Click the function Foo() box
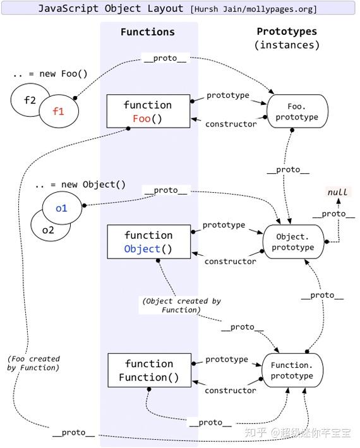[x=147, y=111]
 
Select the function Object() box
[x=148, y=242]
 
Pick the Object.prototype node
[x=293, y=241]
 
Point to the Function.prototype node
[x=292, y=370]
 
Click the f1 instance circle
[x=59, y=111]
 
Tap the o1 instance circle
[x=61, y=208]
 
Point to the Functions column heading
[x=148, y=32]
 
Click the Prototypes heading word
[x=287, y=32]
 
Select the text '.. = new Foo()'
[x=50, y=74]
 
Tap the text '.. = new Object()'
[x=80, y=185]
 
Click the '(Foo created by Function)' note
[x=34, y=363]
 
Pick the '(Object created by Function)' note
[x=181, y=305]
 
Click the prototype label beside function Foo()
[x=228, y=95]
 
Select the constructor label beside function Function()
[x=231, y=390]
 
